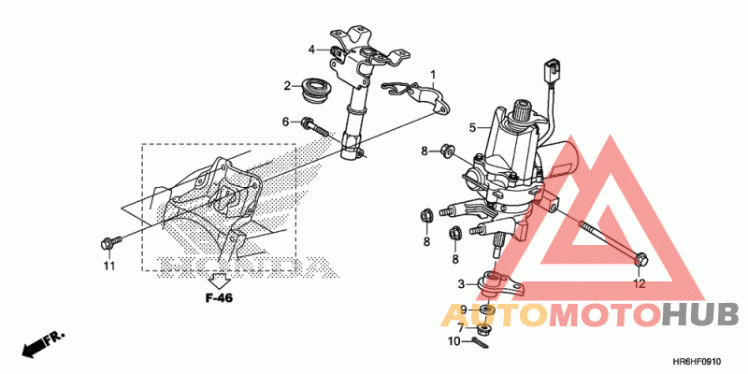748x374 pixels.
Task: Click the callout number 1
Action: [434, 74]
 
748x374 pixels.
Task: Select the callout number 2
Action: [288, 87]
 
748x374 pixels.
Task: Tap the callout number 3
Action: [460, 283]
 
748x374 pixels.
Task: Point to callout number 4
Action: [312, 49]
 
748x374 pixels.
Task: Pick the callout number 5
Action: [473, 127]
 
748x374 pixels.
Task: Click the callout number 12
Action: [640, 283]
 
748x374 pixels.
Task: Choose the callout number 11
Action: [108, 266]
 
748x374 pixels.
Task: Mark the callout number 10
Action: [453, 341]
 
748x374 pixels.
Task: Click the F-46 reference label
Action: [219, 298]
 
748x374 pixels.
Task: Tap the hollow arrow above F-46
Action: [219, 280]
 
